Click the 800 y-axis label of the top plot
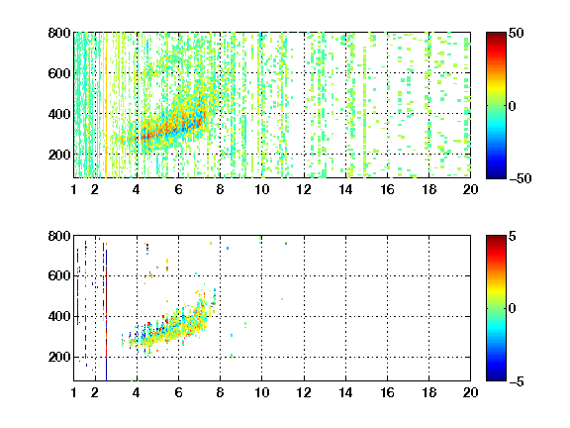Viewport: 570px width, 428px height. click(x=59, y=33)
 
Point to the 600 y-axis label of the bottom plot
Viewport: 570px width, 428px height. click(x=59, y=275)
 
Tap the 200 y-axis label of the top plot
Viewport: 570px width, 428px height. click(x=59, y=155)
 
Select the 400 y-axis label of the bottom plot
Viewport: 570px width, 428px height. click(x=59, y=316)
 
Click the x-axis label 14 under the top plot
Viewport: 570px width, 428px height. click(x=345, y=189)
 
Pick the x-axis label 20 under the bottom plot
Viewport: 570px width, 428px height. click(x=470, y=392)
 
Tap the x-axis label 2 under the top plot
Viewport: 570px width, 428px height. click(x=95, y=189)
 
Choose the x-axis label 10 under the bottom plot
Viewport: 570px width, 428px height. click(x=261, y=392)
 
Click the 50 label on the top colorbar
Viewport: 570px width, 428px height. click(x=516, y=33)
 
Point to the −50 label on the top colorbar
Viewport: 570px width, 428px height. click(x=521, y=178)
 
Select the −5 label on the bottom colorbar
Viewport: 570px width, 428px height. click(x=517, y=381)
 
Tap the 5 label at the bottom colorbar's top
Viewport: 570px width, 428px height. click(x=513, y=236)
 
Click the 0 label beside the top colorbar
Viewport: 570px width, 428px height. click(x=513, y=106)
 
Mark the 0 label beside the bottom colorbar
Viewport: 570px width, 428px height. click(x=513, y=309)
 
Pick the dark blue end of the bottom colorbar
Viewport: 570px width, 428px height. click(x=496, y=377)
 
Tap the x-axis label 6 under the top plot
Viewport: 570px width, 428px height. click(x=178, y=189)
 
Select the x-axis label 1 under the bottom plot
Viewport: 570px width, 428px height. click(x=74, y=392)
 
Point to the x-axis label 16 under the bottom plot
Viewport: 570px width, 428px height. click(x=388, y=392)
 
